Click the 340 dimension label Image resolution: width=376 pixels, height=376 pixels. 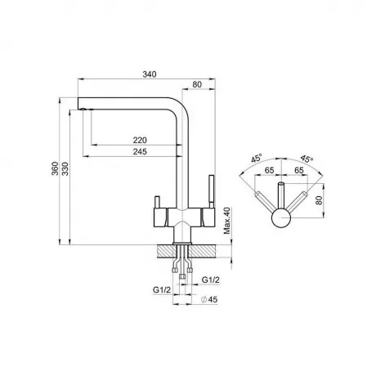(150, 74)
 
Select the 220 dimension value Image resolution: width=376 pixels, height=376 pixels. (140, 140)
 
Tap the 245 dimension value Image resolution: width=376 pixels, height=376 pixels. (140, 151)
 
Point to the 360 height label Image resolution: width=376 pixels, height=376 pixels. (55, 168)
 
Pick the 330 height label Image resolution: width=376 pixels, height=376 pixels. (65, 168)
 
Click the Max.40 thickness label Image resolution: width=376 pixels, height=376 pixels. (227, 221)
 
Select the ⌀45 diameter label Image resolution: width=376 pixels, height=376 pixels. (209, 299)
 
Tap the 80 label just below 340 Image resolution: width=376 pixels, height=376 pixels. (197, 85)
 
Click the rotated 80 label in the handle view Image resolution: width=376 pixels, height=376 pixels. (319, 200)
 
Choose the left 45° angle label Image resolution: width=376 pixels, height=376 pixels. (257, 158)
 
